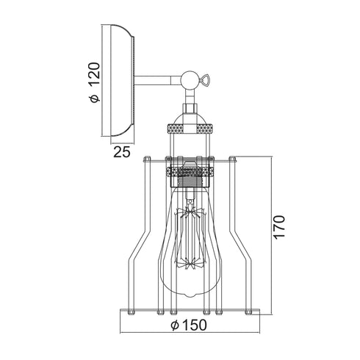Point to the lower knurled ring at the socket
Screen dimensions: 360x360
[189, 172]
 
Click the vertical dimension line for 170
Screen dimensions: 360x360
[273, 234]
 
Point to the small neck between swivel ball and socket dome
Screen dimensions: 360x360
[189, 99]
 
